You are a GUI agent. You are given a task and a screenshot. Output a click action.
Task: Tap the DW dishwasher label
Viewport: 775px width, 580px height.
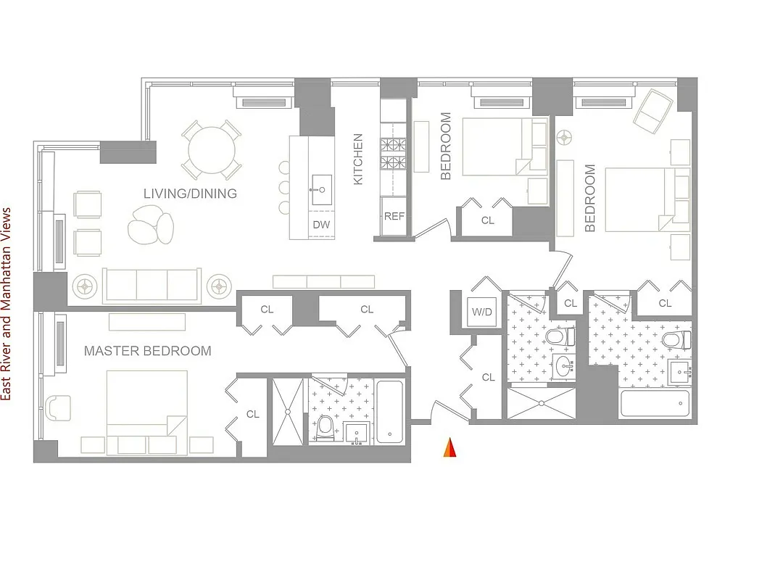click(321, 225)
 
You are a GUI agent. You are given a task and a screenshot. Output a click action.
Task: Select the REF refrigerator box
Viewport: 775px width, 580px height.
click(394, 216)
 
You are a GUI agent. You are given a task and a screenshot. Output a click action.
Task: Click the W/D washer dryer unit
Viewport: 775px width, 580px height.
click(482, 312)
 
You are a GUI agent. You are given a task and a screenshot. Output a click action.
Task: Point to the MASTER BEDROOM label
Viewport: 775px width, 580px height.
click(148, 351)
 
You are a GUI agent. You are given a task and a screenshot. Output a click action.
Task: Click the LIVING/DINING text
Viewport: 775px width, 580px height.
click(190, 194)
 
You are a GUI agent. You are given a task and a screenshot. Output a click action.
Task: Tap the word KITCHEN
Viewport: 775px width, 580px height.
click(358, 159)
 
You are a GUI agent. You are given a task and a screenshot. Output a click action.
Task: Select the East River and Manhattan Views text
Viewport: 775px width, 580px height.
click(7, 304)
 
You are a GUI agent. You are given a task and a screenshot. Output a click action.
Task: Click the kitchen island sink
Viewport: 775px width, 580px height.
click(321, 189)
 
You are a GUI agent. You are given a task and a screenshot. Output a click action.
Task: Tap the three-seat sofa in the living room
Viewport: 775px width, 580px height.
click(152, 285)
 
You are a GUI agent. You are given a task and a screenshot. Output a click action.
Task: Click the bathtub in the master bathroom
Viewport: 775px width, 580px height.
click(389, 412)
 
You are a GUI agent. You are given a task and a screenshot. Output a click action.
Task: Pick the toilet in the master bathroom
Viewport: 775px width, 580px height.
click(325, 428)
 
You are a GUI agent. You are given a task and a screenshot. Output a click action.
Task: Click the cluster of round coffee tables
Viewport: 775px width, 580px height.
click(151, 226)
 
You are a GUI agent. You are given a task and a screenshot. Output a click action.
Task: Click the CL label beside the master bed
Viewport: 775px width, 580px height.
click(252, 414)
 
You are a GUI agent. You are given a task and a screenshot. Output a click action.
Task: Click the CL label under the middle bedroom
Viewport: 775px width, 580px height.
click(487, 220)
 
